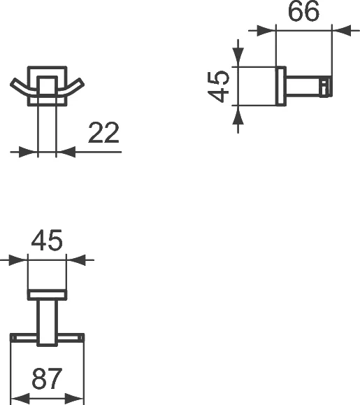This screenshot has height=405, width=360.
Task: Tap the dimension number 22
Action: click(103, 132)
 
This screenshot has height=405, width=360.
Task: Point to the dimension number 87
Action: click(48, 380)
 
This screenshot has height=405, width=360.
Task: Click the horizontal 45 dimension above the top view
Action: click(47, 241)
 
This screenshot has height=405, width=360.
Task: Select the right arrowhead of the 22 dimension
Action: click(65, 150)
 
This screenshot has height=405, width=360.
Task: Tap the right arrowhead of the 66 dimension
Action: click(341, 30)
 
